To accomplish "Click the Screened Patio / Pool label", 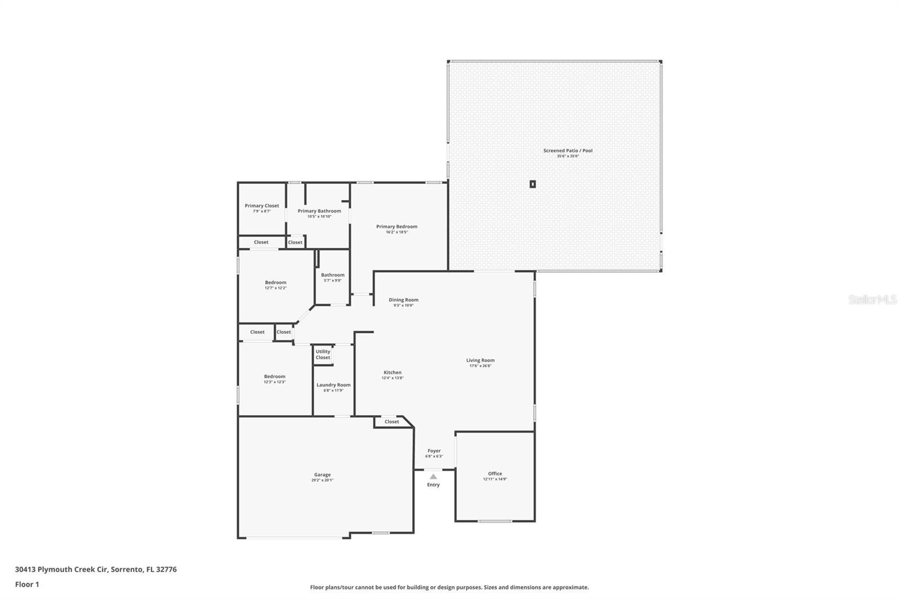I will click(567, 151).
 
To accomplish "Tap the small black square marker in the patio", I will click(533, 184).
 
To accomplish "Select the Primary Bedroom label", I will click(397, 226).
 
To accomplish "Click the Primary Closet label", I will click(262, 206).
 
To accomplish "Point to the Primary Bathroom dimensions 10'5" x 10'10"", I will click(319, 216).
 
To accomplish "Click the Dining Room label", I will click(403, 300).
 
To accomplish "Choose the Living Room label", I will click(480, 360).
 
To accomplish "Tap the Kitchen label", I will click(392, 373).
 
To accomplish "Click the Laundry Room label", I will click(333, 385).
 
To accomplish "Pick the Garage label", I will click(323, 475).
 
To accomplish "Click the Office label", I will click(495, 474).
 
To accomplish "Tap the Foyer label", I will click(434, 451).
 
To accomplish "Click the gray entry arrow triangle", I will click(433, 477).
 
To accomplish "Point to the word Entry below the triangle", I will click(433, 485).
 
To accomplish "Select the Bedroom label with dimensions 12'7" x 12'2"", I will click(275, 283).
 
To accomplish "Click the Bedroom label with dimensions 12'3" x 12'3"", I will click(275, 376).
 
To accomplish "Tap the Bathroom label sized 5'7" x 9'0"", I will click(333, 275).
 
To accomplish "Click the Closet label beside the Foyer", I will click(392, 421).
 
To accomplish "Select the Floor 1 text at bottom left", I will click(27, 584).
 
